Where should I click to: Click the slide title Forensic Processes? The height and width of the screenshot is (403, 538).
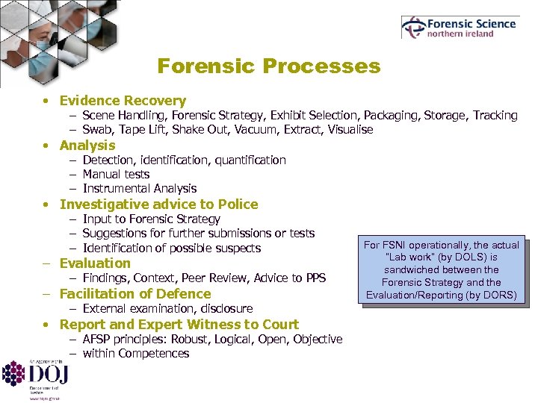coord(268,66)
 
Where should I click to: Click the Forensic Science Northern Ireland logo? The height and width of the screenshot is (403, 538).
coord(459,28)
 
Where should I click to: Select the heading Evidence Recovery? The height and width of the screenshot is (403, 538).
coord(123,101)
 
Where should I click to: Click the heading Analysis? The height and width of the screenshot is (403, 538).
coord(87,146)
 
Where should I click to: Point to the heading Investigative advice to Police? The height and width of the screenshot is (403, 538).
coord(158,204)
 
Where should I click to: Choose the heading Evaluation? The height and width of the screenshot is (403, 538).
coord(95,263)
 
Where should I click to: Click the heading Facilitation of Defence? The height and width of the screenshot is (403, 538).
coord(135,294)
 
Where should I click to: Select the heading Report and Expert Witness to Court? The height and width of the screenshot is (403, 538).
coord(179,325)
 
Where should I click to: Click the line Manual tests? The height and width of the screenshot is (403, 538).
coord(116,174)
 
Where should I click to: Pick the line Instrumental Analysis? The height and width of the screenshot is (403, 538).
coord(140,189)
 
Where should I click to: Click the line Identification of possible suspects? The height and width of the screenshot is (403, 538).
coord(171,249)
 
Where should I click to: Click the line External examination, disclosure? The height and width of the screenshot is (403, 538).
coord(167,308)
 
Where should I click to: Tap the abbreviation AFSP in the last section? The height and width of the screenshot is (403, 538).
coord(98,340)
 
